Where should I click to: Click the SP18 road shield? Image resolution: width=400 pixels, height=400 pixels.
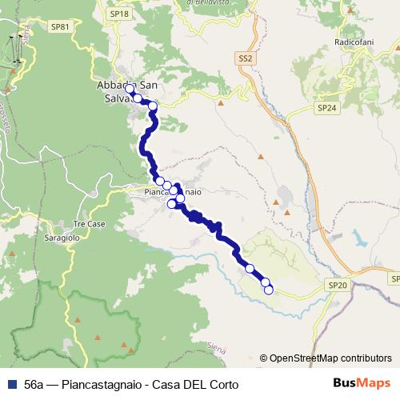[x=119, y=14]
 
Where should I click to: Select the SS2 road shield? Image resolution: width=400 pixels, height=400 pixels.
[x=245, y=58]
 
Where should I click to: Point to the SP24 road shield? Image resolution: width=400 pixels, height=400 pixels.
[x=326, y=106]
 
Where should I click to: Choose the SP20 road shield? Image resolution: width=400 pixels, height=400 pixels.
[x=337, y=284]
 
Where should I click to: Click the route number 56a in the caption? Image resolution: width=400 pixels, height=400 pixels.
[x=34, y=385]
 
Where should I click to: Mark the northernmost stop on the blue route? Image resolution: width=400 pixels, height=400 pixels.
[x=130, y=89]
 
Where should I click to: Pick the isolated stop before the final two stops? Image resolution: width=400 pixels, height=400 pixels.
[x=250, y=268]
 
